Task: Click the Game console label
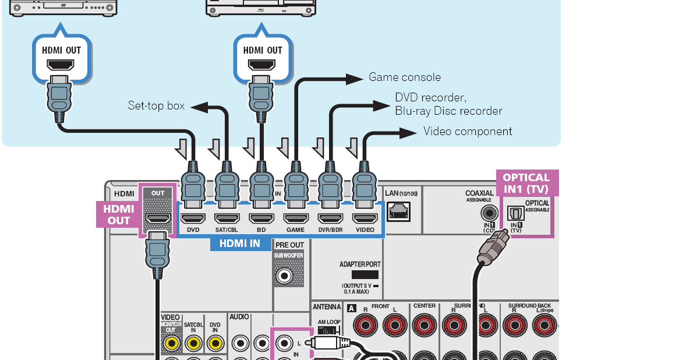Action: (405, 77)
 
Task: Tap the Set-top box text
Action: (156, 105)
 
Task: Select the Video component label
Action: (468, 131)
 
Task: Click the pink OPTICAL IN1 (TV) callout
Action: (526, 183)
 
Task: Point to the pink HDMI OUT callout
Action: (118, 214)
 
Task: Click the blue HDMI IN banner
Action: (235, 243)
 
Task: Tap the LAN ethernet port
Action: (398, 211)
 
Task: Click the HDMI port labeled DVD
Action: (193, 218)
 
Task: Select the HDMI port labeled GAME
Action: (296, 218)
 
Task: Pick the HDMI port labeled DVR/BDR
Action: (330, 218)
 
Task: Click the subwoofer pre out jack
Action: (285, 274)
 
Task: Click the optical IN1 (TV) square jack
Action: (516, 213)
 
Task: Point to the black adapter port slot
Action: (365, 274)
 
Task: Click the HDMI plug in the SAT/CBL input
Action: (227, 186)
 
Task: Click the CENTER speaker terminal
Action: (423, 324)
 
